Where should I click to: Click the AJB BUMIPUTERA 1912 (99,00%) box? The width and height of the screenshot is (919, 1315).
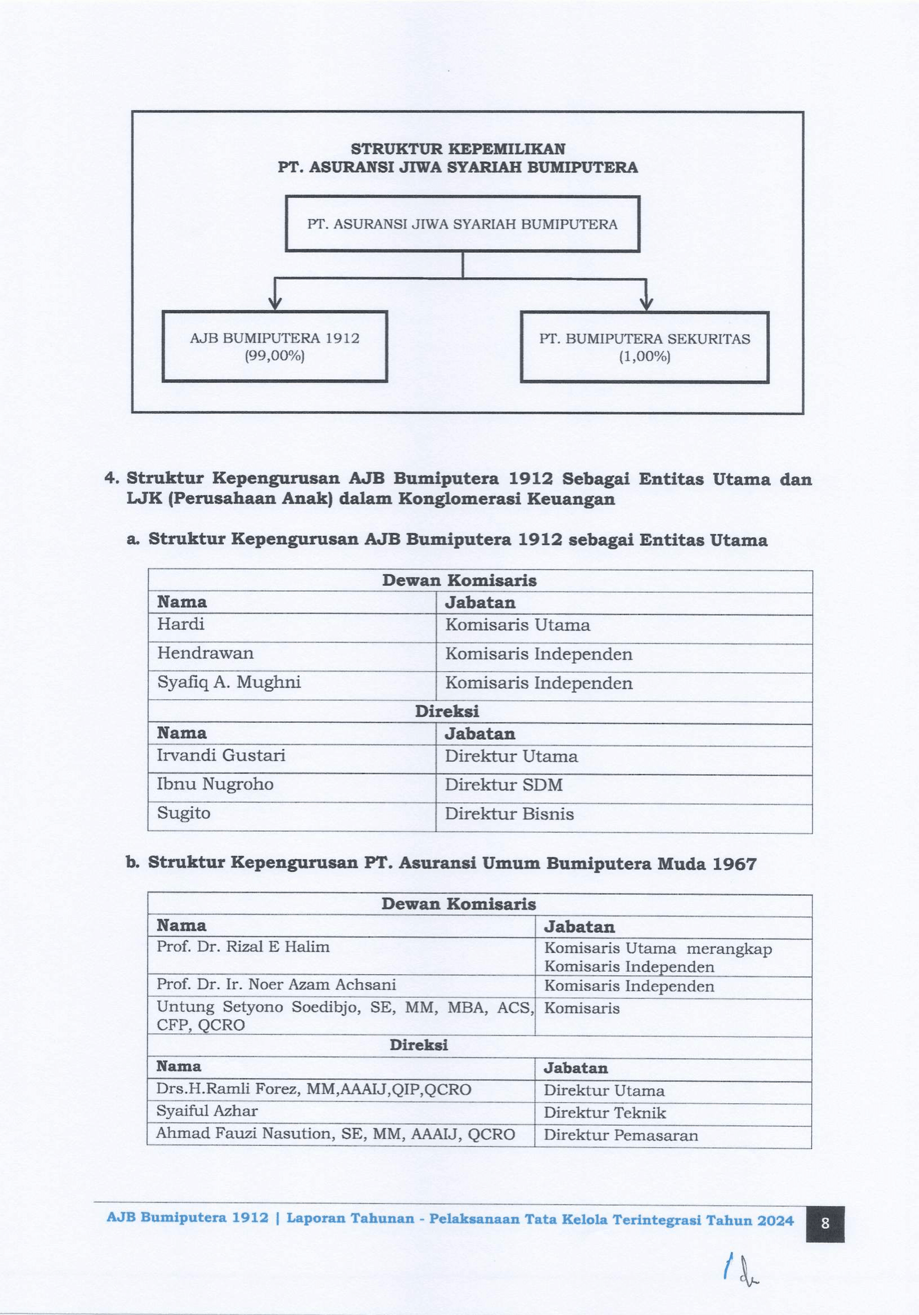[x=274, y=346]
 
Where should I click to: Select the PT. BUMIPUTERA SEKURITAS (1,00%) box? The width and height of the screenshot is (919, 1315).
[x=644, y=347]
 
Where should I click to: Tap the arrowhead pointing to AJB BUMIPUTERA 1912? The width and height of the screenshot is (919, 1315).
[x=275, y=304]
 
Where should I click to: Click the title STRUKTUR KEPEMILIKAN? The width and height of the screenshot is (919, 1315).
[x=458, y=149]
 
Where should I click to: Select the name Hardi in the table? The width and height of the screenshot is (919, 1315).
[x=181, y=624]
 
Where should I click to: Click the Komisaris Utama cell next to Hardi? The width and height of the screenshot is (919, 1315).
[x=517, y=625]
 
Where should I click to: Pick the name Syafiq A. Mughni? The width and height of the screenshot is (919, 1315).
[x=229, y=683]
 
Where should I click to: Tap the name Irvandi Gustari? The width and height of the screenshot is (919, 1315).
[x=220, y=756]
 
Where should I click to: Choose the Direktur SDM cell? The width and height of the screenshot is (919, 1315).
[x=504, y=785]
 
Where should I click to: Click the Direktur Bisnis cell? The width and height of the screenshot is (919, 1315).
[x=509, y=814]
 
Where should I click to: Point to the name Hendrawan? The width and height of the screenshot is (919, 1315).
[x=205, y=654]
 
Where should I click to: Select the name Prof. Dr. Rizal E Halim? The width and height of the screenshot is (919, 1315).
[x=243, y=947]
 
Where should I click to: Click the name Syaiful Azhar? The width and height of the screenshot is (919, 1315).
[x=207, y=1111]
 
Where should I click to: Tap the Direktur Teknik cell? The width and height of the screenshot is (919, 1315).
[x=605, y=1113]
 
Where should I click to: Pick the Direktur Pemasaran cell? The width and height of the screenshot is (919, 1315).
[x=620, y=1135]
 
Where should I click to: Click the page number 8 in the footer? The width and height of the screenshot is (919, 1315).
[x=825, y=1223]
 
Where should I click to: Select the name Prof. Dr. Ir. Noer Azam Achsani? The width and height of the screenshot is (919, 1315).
[x=276, y=984]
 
